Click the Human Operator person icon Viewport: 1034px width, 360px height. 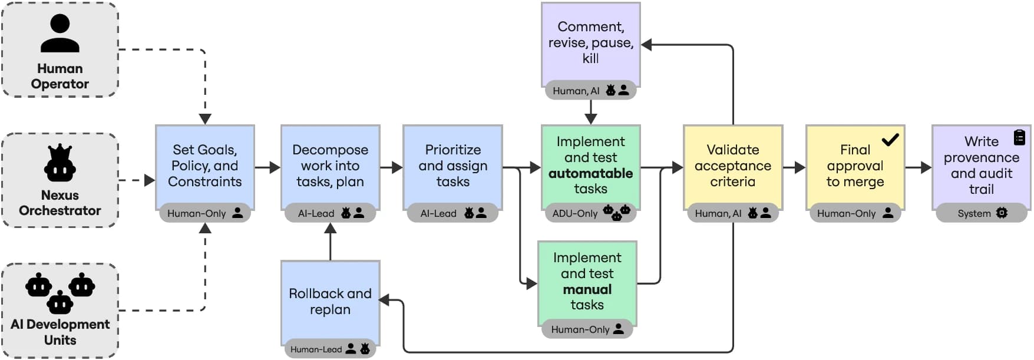pyautogui.click(x=60, y=34)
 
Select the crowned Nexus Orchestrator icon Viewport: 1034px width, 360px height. pyautogui.click(x=60, y=163)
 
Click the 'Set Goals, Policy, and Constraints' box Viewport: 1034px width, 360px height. pyautogui.click(x=204, y=166)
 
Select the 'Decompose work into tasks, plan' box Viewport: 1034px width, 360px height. pyautogui.click(x=330, y=166)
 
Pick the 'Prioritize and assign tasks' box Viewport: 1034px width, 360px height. pyautogui.click(x=452, y=166)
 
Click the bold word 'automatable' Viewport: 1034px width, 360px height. pyautogui.click(x=590, y=173)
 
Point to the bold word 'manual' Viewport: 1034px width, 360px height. pyautogui.click(x=587, y=289)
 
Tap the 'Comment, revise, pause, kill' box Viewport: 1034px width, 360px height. pyautogui.click(x=590, y=42)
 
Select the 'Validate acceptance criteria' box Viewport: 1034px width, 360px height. pyautogui.click(x=732, y=166)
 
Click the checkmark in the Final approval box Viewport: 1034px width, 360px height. pyautogui.click(x=890, y=140)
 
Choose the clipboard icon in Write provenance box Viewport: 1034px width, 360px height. pyautogui.click(x=1019, y=137)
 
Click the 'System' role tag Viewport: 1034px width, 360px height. pyautogui.click(x=982, y=213)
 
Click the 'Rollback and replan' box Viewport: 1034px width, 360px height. pyautogui.click(x=330, y=301)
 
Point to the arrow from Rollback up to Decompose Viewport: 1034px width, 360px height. pyautogui.click(x=330, y=242)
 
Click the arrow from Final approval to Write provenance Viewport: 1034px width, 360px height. pyautogui.click(x=918, y=167)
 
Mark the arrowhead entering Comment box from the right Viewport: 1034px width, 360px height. pyautogui.click(x=647, y=45)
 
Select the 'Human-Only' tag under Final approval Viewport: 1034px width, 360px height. pyautogui.click(x=855, y=213)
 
